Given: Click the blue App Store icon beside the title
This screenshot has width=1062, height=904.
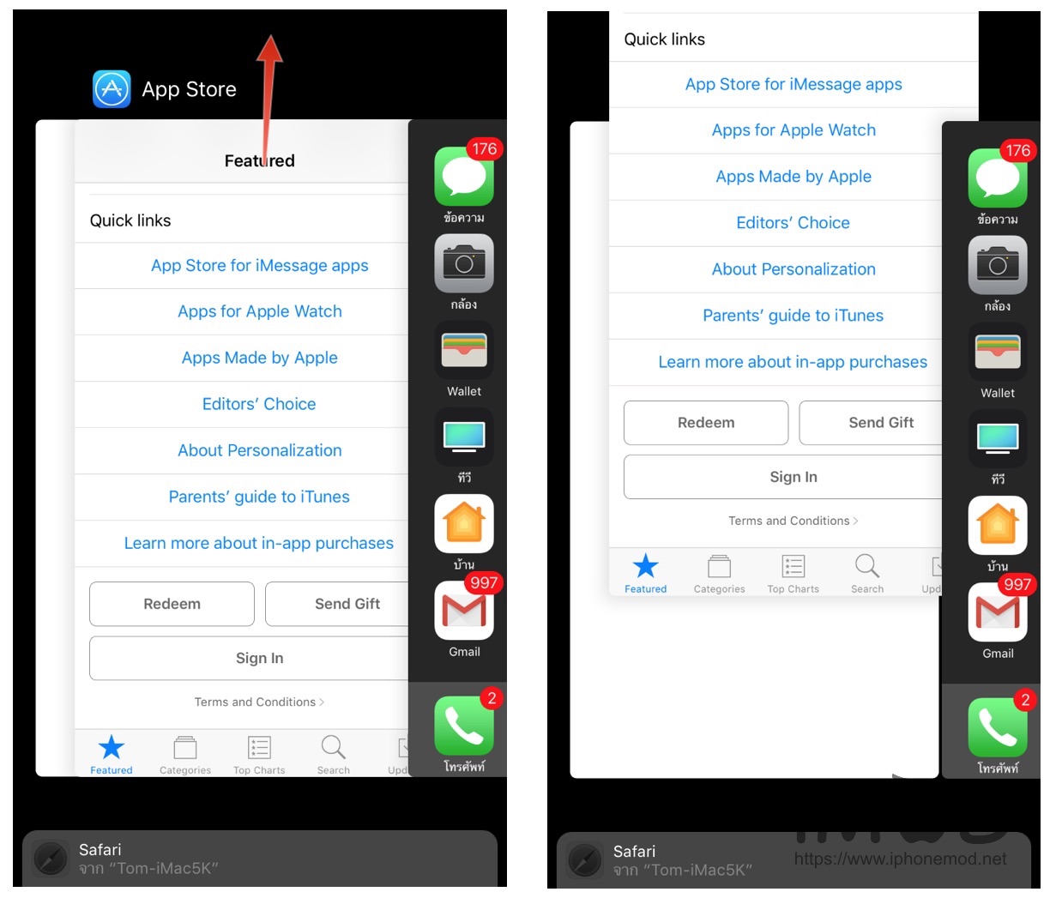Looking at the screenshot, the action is pos(112,89).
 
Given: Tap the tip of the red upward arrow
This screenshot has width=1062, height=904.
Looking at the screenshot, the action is pos(271,35).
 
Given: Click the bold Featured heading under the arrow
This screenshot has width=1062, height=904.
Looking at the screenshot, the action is pos(259,160).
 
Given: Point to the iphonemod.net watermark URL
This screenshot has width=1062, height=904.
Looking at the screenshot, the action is pos(900,859).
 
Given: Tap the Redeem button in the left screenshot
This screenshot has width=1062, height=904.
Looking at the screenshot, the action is pos(172,604).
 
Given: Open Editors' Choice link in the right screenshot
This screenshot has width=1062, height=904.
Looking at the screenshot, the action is pos(793,222).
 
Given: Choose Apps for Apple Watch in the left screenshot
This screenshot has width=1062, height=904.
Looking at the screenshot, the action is pos(259,311).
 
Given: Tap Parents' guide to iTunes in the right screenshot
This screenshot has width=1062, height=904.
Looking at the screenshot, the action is pos(793,316).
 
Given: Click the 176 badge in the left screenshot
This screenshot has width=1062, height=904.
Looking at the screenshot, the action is pos(485,149).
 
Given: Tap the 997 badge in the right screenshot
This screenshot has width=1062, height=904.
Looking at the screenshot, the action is pos(1017,585).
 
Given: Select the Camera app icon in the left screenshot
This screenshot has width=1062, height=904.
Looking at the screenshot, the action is pos(464,263).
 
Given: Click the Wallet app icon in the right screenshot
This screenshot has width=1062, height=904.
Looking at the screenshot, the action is pos(998,352).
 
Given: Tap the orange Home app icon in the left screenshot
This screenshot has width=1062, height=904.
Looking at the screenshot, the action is pos(464,524).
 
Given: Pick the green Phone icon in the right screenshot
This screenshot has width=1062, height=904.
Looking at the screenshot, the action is pos(998,728).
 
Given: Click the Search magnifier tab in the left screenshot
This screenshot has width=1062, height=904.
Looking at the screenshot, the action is pos(333,754).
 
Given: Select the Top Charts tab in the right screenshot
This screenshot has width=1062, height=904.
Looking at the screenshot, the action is pos(793,574).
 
